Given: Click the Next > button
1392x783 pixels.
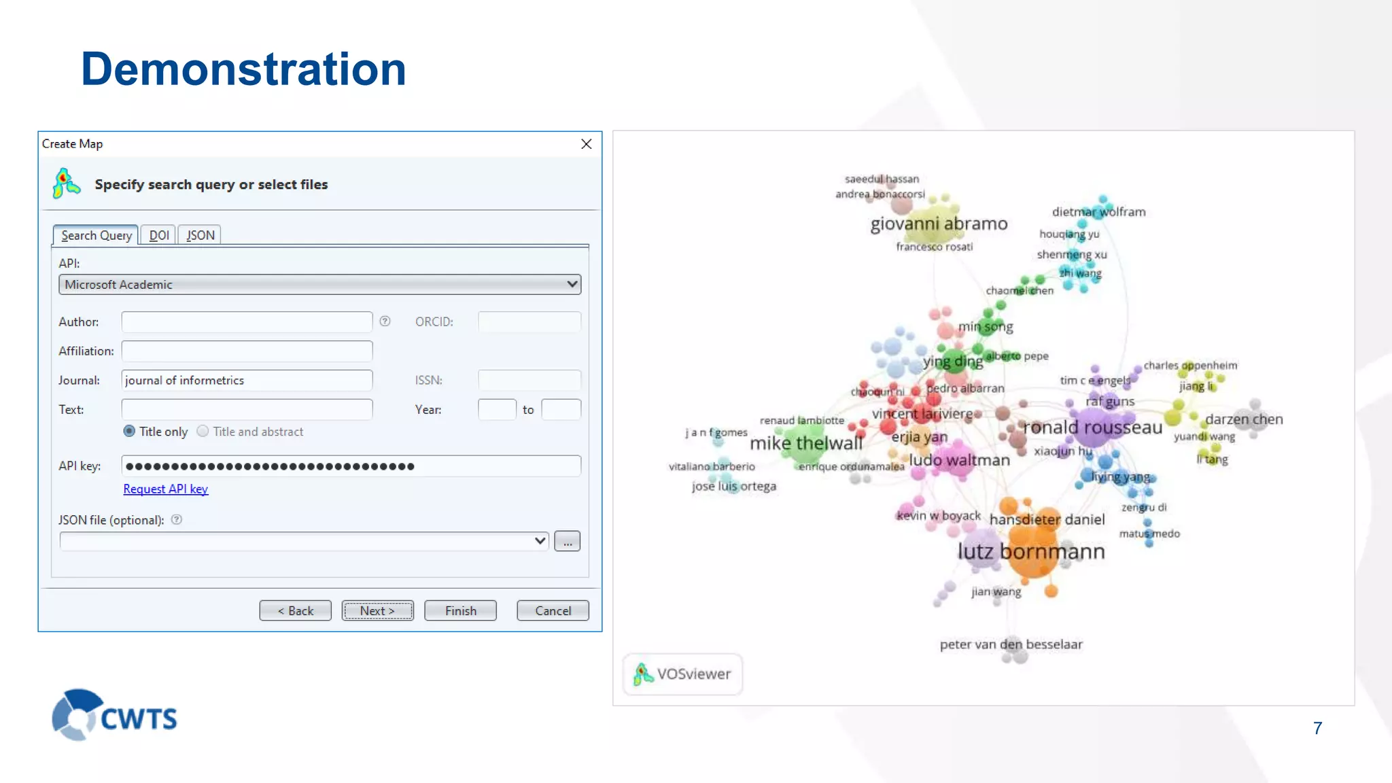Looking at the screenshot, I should click(x=377, y=610).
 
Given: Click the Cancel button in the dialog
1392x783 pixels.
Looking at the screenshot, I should click(x=553, y=610).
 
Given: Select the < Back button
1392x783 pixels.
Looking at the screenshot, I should click(x=295, y=610).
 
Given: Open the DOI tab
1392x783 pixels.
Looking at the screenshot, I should click(x=159, y=235).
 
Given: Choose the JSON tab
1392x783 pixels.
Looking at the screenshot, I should click(x=201, y=235).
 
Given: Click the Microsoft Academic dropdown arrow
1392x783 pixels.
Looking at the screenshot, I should click(x=572, y=284).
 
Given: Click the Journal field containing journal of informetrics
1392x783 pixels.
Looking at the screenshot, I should click(x=247, y=380).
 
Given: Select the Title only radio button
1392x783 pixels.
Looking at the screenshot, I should click(x=129, y=432).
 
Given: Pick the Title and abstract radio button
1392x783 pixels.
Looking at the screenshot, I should click(x=203, y=432).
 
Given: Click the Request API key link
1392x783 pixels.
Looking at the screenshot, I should click(x=165, y=489).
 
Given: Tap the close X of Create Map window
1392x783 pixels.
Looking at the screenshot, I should click(x=587, y=144).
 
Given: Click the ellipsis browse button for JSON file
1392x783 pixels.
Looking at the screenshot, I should click(x=567, y=542).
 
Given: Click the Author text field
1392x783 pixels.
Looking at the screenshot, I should click(x=247, y=321).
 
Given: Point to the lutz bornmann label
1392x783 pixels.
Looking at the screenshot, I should click(x=1030, y=551).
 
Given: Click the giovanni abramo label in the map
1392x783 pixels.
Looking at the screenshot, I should click(x=939, y=224).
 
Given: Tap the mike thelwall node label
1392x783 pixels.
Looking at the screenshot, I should click(x=806, y=443).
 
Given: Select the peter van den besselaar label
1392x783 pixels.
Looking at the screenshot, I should click(x=1011, y=644).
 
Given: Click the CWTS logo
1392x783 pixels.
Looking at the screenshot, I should click(x=114, y=715).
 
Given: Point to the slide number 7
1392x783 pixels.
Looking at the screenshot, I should click(x=1317, y=729).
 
